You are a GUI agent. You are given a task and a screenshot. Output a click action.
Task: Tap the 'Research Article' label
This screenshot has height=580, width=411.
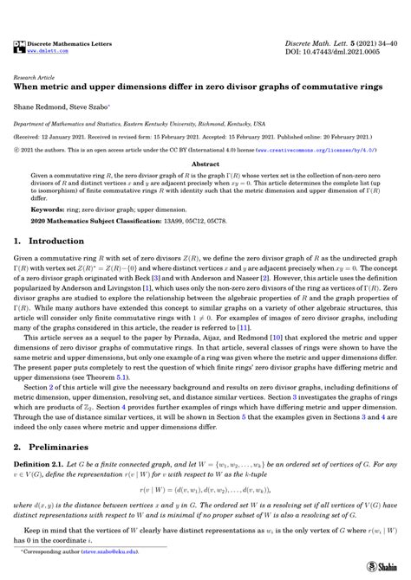pos(36,77)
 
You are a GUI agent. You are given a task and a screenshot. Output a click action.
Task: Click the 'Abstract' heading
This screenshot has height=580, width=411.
pos(205,164)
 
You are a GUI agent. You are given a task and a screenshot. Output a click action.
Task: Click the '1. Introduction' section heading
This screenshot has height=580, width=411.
pos(56,245)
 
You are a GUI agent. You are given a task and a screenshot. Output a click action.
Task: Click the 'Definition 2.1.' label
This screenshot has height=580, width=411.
pos(45,466)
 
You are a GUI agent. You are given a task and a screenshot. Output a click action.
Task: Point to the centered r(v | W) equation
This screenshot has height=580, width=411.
pos(205,501)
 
